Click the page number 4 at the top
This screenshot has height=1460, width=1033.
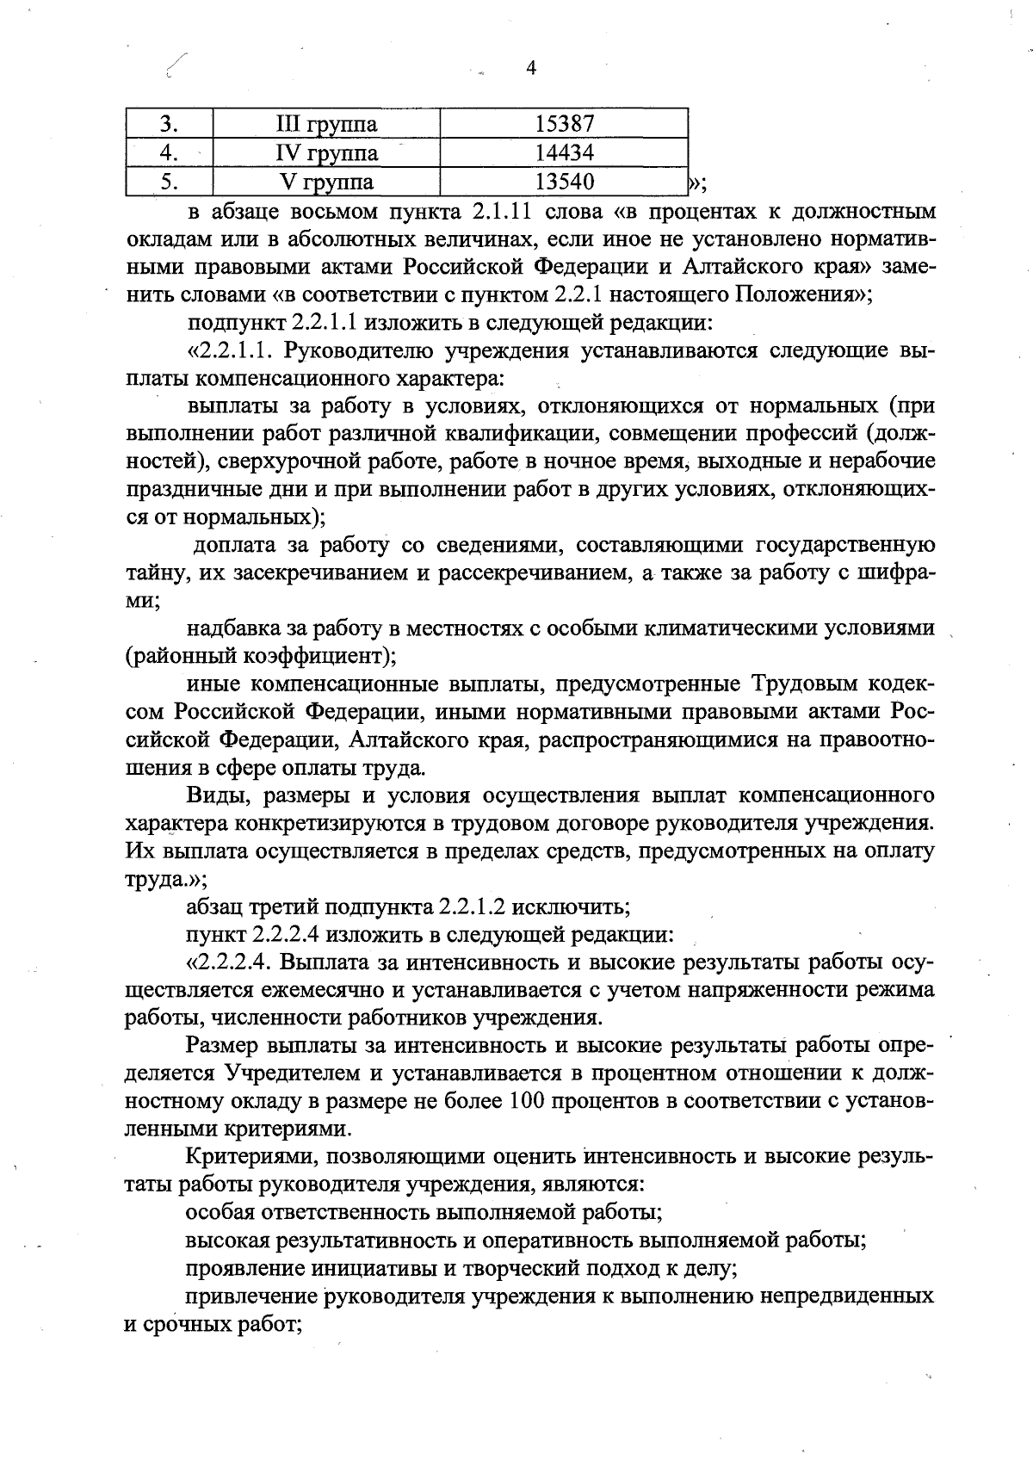click(x=530, y=69)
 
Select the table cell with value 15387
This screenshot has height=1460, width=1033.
click(x=564, y=124)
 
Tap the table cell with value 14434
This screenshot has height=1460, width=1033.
click(x=564, y=153)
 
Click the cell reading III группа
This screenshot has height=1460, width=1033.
click(x=326, y=124)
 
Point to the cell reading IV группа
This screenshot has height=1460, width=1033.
click(x=326, y=153)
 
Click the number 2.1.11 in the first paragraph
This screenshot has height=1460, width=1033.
click(x=505, y=211)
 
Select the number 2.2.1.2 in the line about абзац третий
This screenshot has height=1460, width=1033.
click(x=478, y=906)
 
